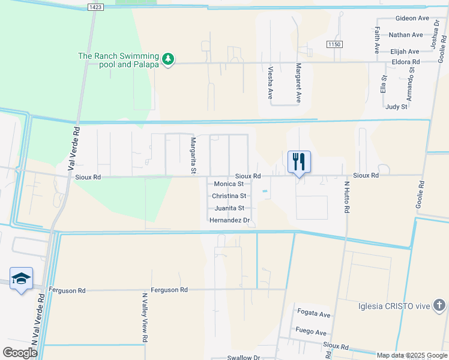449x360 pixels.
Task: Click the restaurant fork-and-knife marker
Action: pos(299,161)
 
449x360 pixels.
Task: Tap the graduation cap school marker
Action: pos(21,278)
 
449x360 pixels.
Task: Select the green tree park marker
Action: pos(169,59)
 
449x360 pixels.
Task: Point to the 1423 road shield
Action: pos(94,7)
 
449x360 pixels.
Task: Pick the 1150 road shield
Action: pos(334,45)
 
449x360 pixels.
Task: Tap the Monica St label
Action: pos(228,184)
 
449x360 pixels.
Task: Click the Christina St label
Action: pos(229,196)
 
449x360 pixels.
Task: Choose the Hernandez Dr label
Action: pos(229,220)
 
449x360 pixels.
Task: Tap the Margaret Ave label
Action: pos(298,82)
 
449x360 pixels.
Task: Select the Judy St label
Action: pos(396,107)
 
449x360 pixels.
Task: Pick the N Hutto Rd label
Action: pos(346,198)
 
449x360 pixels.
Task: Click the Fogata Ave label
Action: pos(313,314)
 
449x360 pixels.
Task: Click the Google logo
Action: pos(20,353)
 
